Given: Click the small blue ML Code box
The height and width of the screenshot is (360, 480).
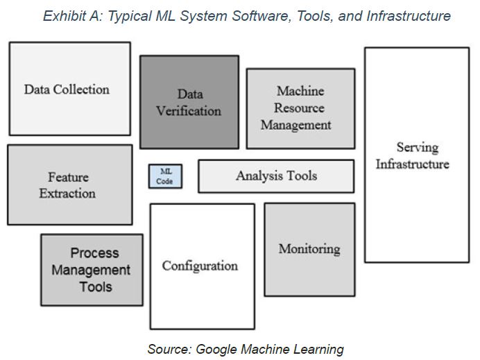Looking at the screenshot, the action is coord(165,176).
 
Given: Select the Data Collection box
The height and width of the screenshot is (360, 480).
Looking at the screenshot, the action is coord(70,89).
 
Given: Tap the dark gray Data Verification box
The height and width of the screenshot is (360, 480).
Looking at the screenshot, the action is coord(189,102).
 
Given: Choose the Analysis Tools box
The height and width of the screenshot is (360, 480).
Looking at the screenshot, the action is coord(276,176).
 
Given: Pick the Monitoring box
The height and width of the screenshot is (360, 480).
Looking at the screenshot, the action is coord(310,250).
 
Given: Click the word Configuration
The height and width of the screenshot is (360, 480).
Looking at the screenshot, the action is coord(200,266).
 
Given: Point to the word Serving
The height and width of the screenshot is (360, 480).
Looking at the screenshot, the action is coord(418,148).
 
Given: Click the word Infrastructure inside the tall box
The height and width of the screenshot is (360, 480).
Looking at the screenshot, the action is coord(412,164).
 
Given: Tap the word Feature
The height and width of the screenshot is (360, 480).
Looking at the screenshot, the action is coord(68,177).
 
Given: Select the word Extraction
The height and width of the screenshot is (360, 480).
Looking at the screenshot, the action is coord(67,194).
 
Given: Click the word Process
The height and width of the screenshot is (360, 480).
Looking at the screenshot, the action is coord(94,253).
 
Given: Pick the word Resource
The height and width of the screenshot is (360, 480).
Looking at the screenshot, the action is coord(299,108).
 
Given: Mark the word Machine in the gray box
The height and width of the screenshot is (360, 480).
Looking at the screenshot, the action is coord(300,91).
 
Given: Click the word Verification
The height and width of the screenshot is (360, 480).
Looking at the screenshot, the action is coord(189,111).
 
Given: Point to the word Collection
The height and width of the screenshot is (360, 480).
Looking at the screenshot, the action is coord(81,89).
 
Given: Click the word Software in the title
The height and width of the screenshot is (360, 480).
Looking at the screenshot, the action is coord(261,16).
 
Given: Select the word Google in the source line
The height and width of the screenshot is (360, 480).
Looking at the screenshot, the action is coord(216,350).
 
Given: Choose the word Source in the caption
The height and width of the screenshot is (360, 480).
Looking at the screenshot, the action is coord(169,350).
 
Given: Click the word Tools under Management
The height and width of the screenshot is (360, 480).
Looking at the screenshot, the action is coord(96,287).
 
